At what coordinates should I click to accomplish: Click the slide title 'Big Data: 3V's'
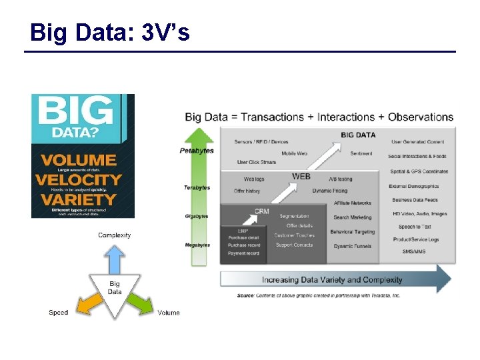[x=110, y=32]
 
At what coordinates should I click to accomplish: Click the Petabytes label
[x=197, y=151]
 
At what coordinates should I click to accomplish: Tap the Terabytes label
[x=197, y=187]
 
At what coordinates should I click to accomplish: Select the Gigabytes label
[x=197, y=216]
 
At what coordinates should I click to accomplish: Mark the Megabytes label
[x=197, y=245]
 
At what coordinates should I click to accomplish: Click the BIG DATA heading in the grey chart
[x=358, y=135]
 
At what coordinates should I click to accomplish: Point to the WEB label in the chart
[x=301, y=177]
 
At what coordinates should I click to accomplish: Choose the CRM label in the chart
[x=262, y=211]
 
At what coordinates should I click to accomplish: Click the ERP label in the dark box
[x=233, y=230]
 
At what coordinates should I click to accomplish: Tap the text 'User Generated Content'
[x=417, y=142]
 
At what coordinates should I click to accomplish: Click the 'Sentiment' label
[x=361, y=153]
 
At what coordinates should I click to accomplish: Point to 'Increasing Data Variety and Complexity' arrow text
[x=332, y=280]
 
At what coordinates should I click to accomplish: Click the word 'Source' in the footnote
[x=245, y=295]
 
